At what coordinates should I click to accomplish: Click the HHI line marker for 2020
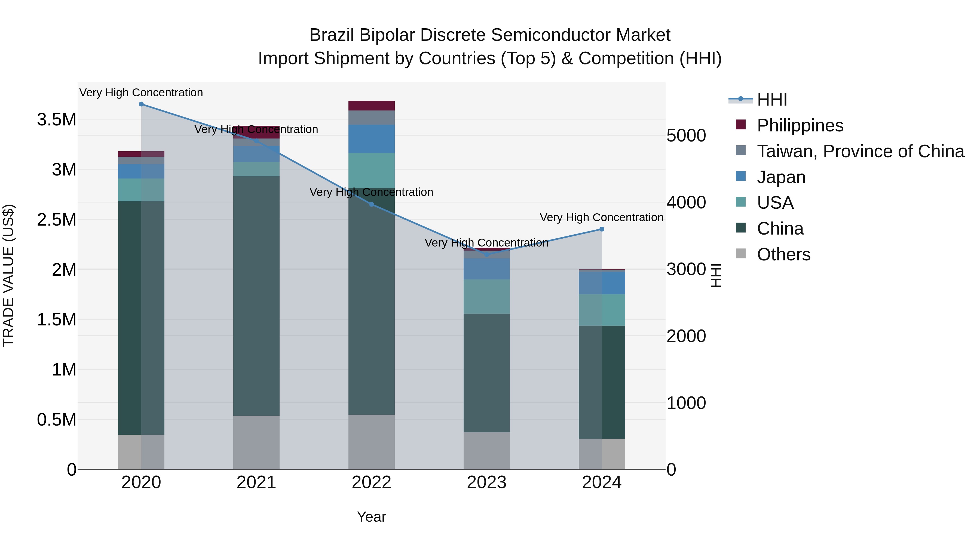click(x=141, y=104)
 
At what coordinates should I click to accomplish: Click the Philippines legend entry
click(x=800, y=125)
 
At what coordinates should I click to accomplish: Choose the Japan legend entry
click(x=781, y=177)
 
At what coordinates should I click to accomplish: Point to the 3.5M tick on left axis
click(x=57, y=120)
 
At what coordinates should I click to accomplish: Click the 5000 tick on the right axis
click(x=686, y=136)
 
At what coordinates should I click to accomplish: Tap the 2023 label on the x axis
click(x=486, y=482)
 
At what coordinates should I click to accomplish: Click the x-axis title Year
click(x=371, y=517)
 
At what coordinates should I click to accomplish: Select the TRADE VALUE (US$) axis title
click(x=8, y=275)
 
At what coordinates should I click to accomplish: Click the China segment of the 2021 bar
click(x=256, y=296)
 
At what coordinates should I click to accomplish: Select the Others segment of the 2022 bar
click(x=371, y=442)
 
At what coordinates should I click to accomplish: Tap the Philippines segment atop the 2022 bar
click(x=371, y=106)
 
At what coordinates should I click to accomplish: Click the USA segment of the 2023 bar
click(x=486, y=297)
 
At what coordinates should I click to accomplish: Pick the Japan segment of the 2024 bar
click(x=601, y=283)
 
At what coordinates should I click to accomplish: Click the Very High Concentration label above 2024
click(x=601, y=217)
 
